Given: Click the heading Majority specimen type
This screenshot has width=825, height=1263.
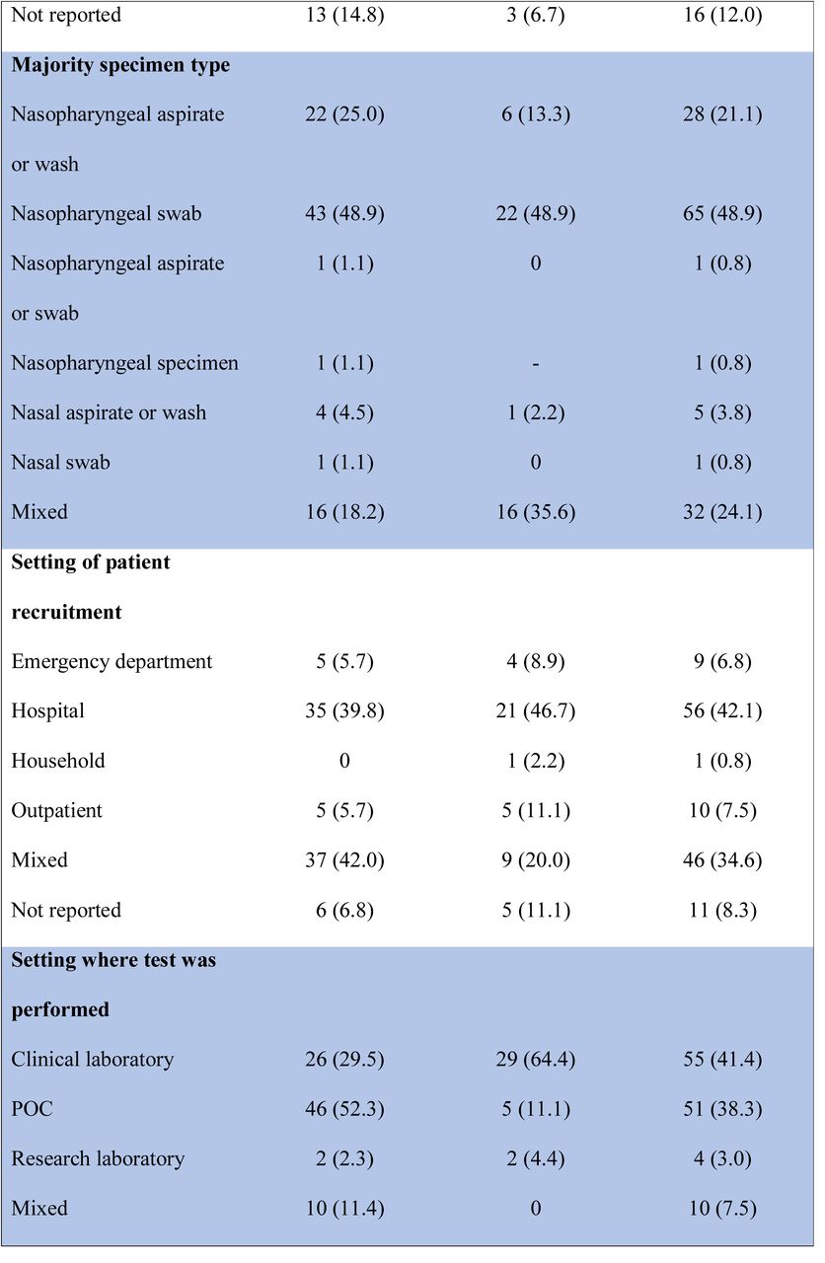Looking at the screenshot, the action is click(120, 65).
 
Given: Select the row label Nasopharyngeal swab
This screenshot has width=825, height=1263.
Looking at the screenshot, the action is click(106, 214).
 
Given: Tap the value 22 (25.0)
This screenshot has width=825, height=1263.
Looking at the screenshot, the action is click(344, 114).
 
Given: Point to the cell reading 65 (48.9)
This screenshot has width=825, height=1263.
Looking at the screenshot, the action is click(722, 214).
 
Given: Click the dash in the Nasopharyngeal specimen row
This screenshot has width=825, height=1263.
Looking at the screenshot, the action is click(535, 364).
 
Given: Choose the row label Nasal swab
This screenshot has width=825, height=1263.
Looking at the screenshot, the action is click(60, 463).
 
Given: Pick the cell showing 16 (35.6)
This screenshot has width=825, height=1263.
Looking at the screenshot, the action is click(536, 512).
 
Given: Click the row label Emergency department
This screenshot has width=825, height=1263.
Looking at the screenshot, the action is click(112, 661).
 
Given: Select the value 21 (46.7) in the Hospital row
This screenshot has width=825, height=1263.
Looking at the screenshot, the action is click(536, 711).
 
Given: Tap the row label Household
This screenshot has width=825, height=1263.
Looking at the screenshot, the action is click(58, 761).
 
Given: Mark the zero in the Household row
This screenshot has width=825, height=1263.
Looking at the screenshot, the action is click(344, 761).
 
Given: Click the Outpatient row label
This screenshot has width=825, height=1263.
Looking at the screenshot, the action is click(56, 810).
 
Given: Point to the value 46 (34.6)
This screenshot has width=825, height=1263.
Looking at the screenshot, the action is click(722, 859).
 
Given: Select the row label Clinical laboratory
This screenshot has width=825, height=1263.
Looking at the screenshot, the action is click(93, 1059).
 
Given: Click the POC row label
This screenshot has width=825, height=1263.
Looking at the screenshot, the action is click(33, 1108).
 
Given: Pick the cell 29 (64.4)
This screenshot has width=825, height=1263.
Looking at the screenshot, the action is click(536, 1059).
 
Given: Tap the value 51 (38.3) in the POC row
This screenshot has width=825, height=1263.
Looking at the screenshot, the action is click(722, 1108).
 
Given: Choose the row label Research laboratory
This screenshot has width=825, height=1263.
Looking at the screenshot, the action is click(98, 1158).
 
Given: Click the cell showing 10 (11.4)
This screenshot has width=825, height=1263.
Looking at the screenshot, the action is click(344, 1208).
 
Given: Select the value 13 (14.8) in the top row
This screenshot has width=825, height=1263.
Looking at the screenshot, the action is click(344, 15).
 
